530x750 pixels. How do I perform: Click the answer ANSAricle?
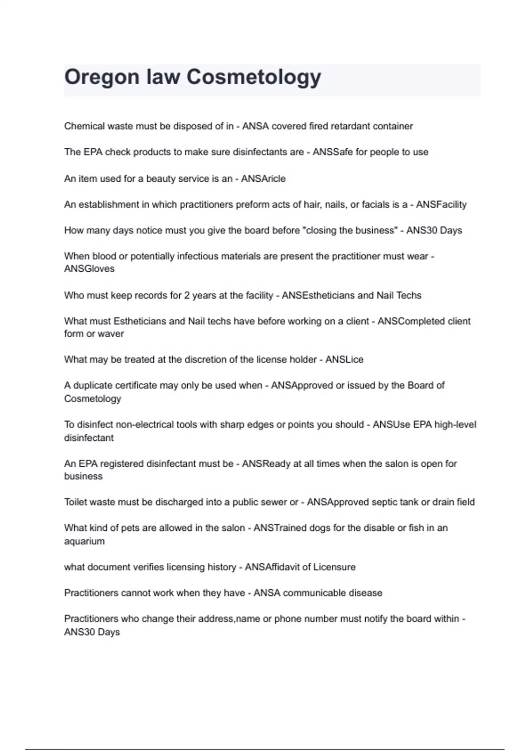pyautogui.click(x=263, y=179)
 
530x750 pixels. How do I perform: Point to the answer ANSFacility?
pyautogui.click(x=441, y=205)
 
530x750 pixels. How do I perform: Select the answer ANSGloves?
pyautogui.click(x=89, y=269)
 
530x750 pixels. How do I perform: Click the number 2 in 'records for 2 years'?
pyautogui.click(x=187, y=295)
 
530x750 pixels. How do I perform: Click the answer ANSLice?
pyautogui.click(x=344, y=360)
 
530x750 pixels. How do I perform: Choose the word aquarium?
pyautogui.click(x=84, y=541)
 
